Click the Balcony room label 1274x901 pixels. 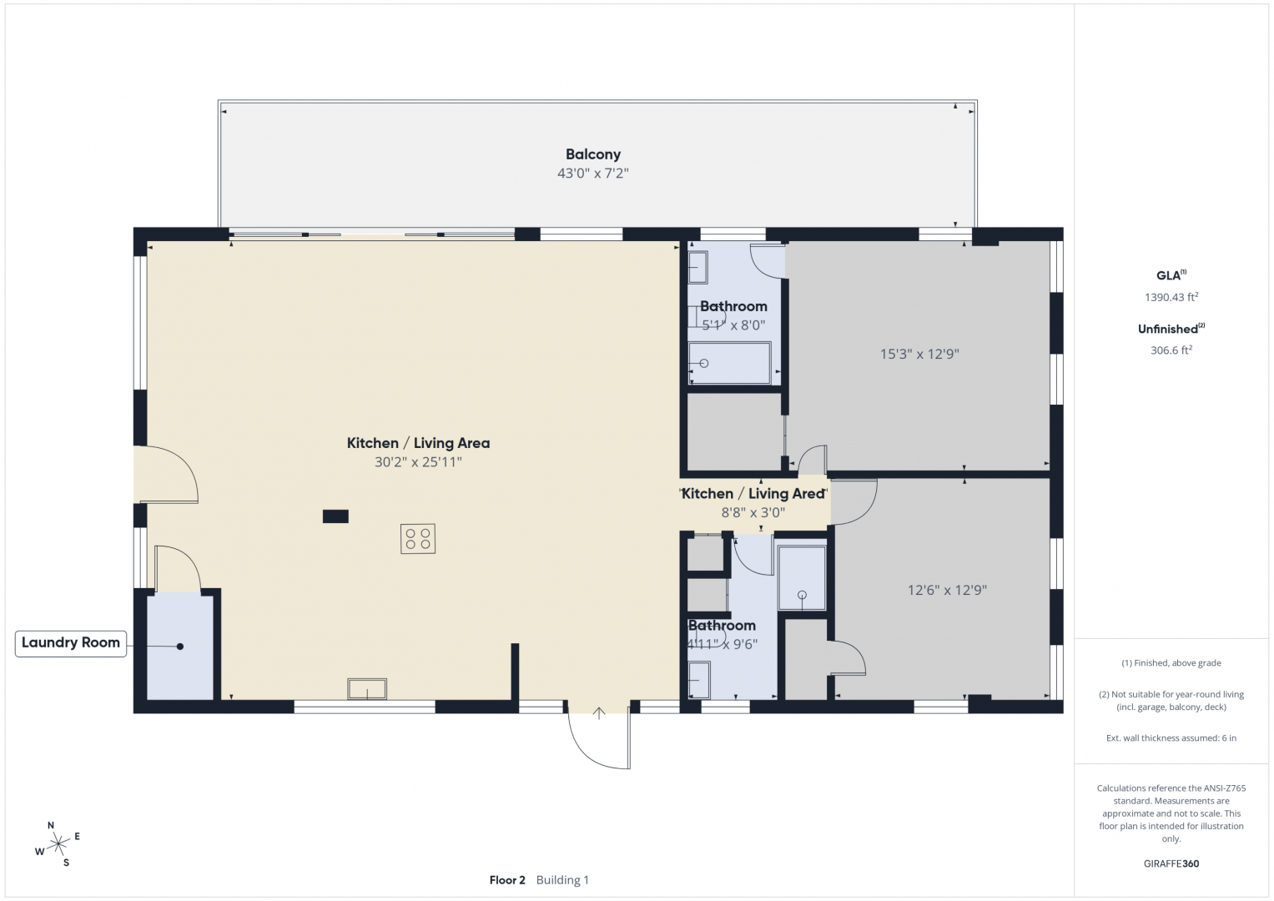tap(592, 154)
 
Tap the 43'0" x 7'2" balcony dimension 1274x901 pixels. tap(592, 173)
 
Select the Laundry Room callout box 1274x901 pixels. tap(71, 643)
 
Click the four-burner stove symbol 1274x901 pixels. tap(418, 539)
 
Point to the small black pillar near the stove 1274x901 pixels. tap(335, 516)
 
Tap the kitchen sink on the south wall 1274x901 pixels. tap(367, 688)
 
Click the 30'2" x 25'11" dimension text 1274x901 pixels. tap(418, 462)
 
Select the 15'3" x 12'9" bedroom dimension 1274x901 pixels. tap(919, 354)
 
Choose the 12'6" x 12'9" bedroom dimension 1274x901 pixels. tap(947, 590)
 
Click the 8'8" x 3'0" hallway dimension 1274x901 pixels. tap(753, 512)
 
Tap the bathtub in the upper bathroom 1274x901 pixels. tap(730, 363)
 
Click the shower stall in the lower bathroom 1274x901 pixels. tap(802, 578)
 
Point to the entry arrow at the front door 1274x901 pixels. tap(599, 713)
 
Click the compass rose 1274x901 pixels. tap(58, 843)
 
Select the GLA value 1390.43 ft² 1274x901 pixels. tap(1171, 297)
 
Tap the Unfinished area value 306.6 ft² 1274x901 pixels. tap(1171, 350)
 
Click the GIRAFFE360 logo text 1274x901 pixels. tap(1171, 863)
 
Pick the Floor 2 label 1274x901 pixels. tap(507, 880)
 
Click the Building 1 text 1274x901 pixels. tap(562, 880)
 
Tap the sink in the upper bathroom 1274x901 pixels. tap(697, 267)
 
